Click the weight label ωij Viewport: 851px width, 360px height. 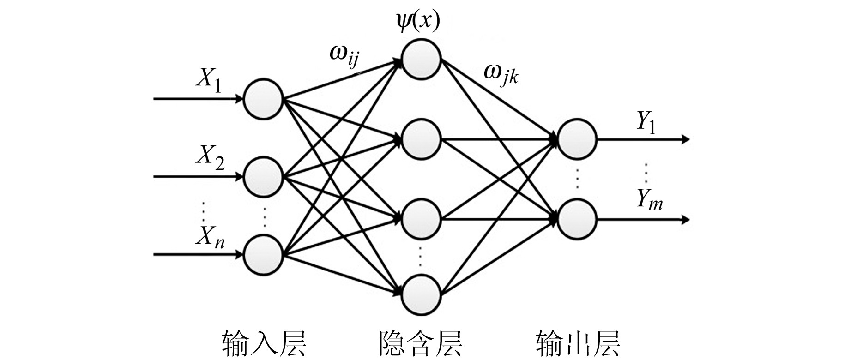[344, 55]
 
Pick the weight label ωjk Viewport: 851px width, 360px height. [501, 74]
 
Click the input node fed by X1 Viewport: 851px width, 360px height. [263, 99]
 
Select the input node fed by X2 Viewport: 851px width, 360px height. [263, 177]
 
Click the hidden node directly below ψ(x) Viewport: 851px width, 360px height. [421, 59]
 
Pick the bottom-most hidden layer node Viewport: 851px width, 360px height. [421, 294]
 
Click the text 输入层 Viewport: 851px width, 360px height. [264, 343]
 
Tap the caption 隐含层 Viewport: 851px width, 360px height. [420, 343]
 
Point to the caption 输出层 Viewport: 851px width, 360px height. [578, 343]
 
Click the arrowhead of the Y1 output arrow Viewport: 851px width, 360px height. [685, 139]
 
